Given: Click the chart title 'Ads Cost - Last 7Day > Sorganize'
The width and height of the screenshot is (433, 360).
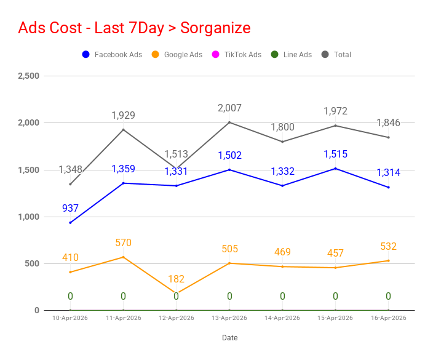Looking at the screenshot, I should point(135,28).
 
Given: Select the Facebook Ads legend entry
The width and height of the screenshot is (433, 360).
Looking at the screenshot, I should point(112,55).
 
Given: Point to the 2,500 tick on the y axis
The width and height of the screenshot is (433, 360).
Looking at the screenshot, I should point(29,76).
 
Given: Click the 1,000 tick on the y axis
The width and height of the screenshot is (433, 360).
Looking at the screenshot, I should point(29,217).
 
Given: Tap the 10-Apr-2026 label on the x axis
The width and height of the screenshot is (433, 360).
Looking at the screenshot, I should point(70,318).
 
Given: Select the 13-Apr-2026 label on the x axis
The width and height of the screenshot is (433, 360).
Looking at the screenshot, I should point(229,318).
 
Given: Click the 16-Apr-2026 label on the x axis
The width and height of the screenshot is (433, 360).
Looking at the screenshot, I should point(388,318).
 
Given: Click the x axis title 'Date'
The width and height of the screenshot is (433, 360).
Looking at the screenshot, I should point(229,338).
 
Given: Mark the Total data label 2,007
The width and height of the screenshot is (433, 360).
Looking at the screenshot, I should point(229,108).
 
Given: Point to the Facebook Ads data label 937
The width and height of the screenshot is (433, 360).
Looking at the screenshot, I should point(70,209).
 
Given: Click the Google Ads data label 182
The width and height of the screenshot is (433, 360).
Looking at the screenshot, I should point(176,279).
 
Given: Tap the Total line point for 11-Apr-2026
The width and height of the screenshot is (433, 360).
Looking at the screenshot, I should point(123,129).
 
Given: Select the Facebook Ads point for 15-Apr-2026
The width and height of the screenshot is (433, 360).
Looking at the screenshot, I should point(335,169).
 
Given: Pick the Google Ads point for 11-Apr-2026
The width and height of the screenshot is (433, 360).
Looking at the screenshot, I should point(123,257).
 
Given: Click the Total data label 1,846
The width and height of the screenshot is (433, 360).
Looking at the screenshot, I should point(388,123).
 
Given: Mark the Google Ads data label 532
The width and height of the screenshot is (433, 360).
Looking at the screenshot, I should point(388,247).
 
